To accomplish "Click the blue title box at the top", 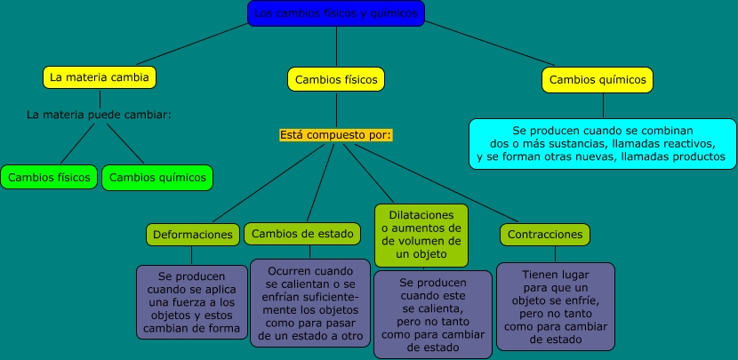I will [336, 13].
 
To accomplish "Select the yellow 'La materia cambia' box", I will [100, 77].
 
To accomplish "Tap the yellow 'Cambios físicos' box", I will [335, 79].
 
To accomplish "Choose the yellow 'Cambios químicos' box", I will [597, 79].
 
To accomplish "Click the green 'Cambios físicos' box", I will [49, 177].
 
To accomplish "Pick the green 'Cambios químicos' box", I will [157, 177].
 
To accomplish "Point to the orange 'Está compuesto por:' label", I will [335, 135].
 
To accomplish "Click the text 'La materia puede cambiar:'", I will [99, 115].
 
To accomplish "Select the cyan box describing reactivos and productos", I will [602, 143].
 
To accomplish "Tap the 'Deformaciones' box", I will [193, 235].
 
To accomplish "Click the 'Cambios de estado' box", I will [304, 234].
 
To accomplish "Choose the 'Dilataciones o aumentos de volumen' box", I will [421, 235].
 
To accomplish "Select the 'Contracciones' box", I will [546, 235].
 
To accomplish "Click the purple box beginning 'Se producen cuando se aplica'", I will [192, 302].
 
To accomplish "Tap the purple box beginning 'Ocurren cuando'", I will [310, 302].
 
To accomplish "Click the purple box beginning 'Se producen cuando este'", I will [433, 315].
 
